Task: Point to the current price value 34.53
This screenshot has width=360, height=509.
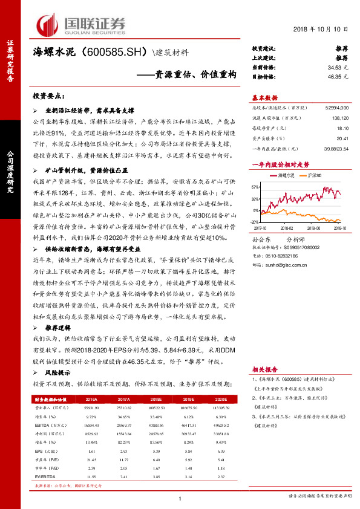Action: point(336,68)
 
